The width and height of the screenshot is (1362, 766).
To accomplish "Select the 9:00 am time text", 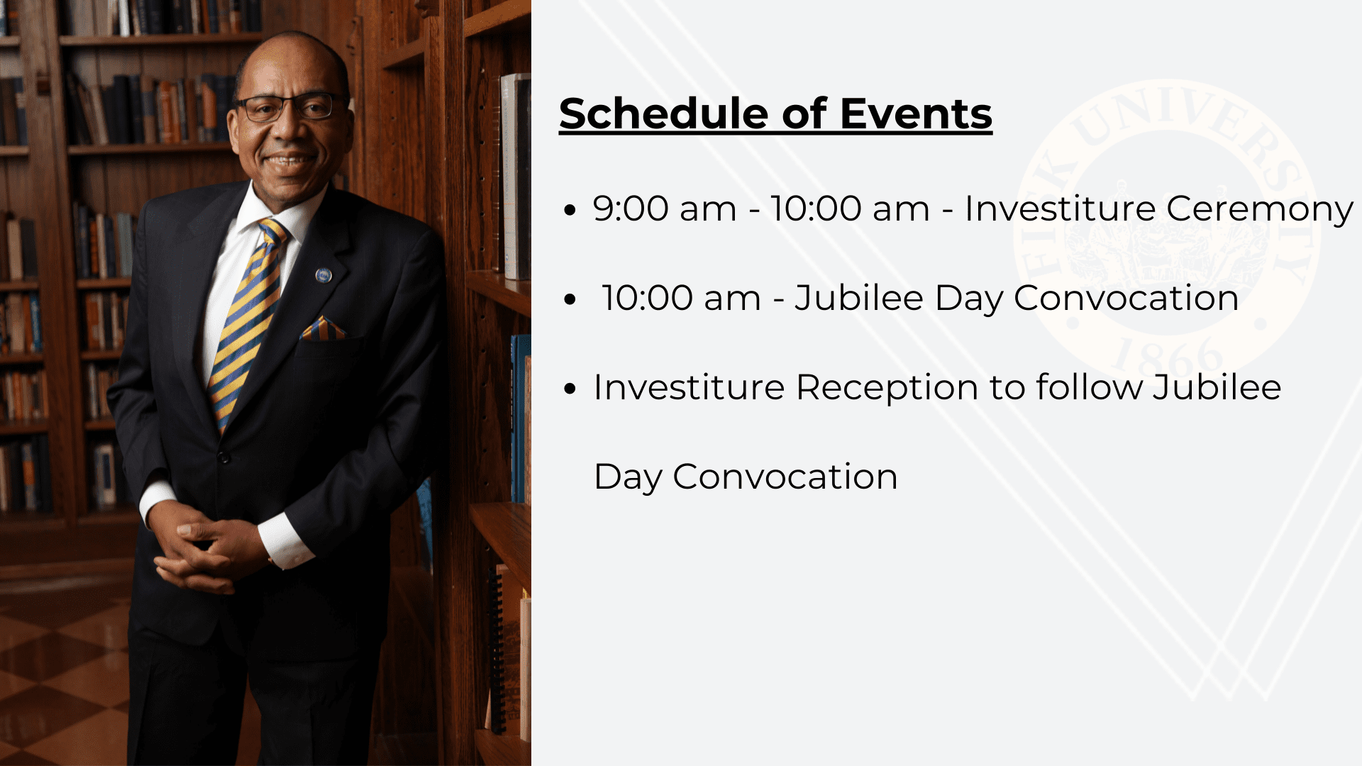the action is tap(665, 209).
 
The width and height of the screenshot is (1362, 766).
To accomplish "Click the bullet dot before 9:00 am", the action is tap(570, 211).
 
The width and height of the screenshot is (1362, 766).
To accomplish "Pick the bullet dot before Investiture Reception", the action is tap(570, 389).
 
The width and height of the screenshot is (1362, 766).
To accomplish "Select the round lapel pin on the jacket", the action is tap(323, 275).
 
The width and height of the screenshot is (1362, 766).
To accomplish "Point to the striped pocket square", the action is tap(323, 329).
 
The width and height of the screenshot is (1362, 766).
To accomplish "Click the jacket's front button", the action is tap(224, 457).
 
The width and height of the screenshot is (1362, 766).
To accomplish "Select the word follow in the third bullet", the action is tap(1089, 387).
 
